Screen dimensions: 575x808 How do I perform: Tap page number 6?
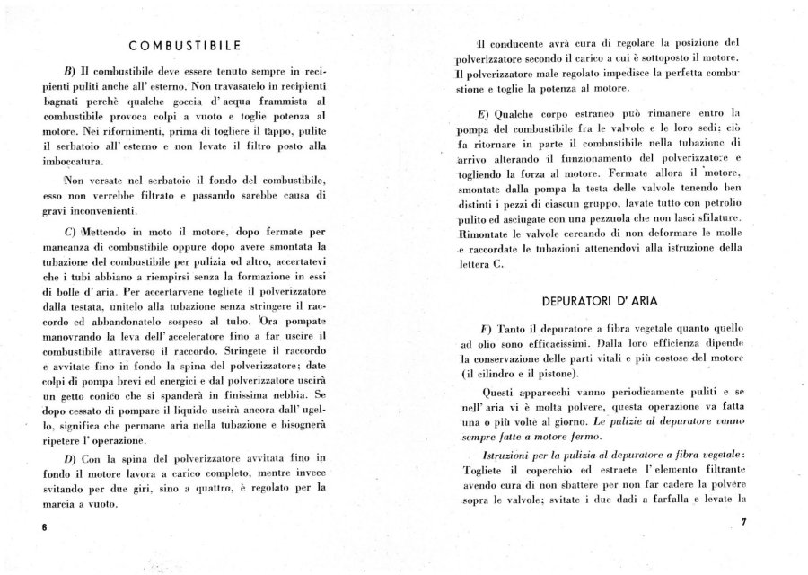click(x=42, y=527)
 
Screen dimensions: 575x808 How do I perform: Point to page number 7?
click(x=744, y=521)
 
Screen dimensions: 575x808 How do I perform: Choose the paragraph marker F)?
click(x=487, y=327)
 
